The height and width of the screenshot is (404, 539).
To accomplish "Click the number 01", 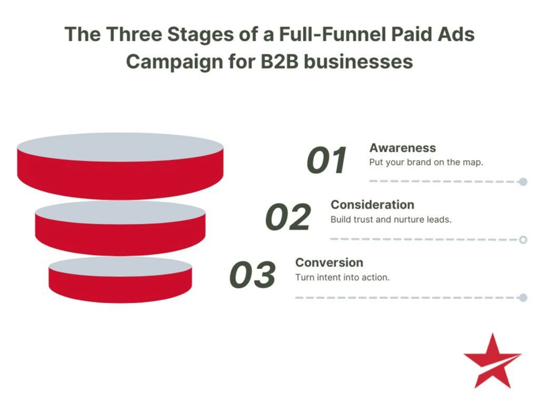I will point(327,160).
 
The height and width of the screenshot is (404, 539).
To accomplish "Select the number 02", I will point(288,217).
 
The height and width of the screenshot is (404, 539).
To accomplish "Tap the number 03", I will point(253,275).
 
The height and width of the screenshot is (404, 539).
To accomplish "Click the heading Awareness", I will point(403,148).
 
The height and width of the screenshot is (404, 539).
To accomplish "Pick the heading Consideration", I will point(372,204).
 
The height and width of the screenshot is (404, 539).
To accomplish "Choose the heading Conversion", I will point(329,262).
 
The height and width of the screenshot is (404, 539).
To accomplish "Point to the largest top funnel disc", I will point(120,166).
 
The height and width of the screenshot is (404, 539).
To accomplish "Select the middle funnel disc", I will point(120,228).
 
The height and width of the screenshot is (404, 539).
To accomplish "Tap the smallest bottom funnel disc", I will point(120,279).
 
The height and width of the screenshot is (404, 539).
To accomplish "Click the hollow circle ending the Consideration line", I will point(523,240).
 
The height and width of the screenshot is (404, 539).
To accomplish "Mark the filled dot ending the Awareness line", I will point(523,182).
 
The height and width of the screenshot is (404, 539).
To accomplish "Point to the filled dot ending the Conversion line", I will point(523,298).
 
